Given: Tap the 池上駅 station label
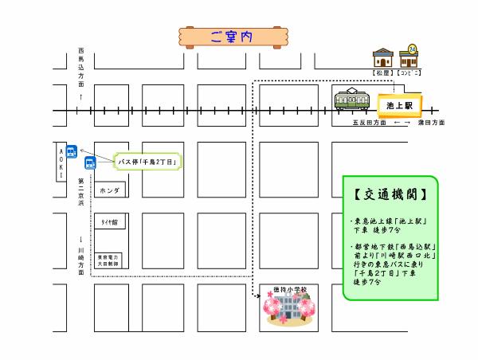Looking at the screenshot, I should click(x=398, y=104).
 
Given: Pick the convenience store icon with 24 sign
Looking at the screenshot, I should click(x=411, y=57).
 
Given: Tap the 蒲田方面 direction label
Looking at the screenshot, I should click(x=431, y=123).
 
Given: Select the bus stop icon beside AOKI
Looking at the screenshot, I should click(x=71, y=151).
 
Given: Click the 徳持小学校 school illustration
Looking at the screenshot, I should click(x=289, y=308).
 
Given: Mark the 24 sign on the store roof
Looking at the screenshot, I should click(x=412, y=48).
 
